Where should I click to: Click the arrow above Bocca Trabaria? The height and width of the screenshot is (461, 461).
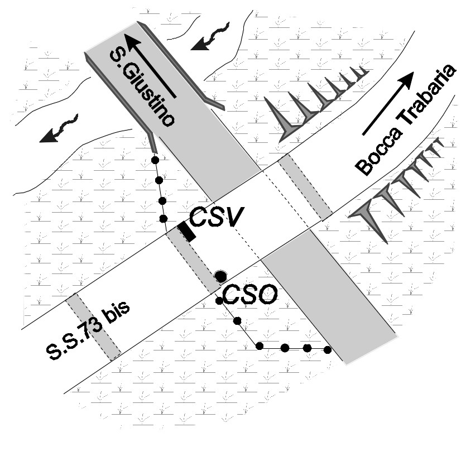click(x=389, y=104)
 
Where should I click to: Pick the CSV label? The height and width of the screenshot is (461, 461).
click(x=217, y=218)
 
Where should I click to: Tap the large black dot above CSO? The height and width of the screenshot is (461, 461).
click(x=220, y=275)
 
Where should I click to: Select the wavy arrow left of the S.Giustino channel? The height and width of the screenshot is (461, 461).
click(x=59, y=129)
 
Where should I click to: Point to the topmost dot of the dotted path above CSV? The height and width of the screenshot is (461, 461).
click(x=156, y=160)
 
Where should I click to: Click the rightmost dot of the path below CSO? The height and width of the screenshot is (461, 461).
click(x=328, y=350)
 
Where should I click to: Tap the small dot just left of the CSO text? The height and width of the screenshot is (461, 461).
click(x=219, y=301)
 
